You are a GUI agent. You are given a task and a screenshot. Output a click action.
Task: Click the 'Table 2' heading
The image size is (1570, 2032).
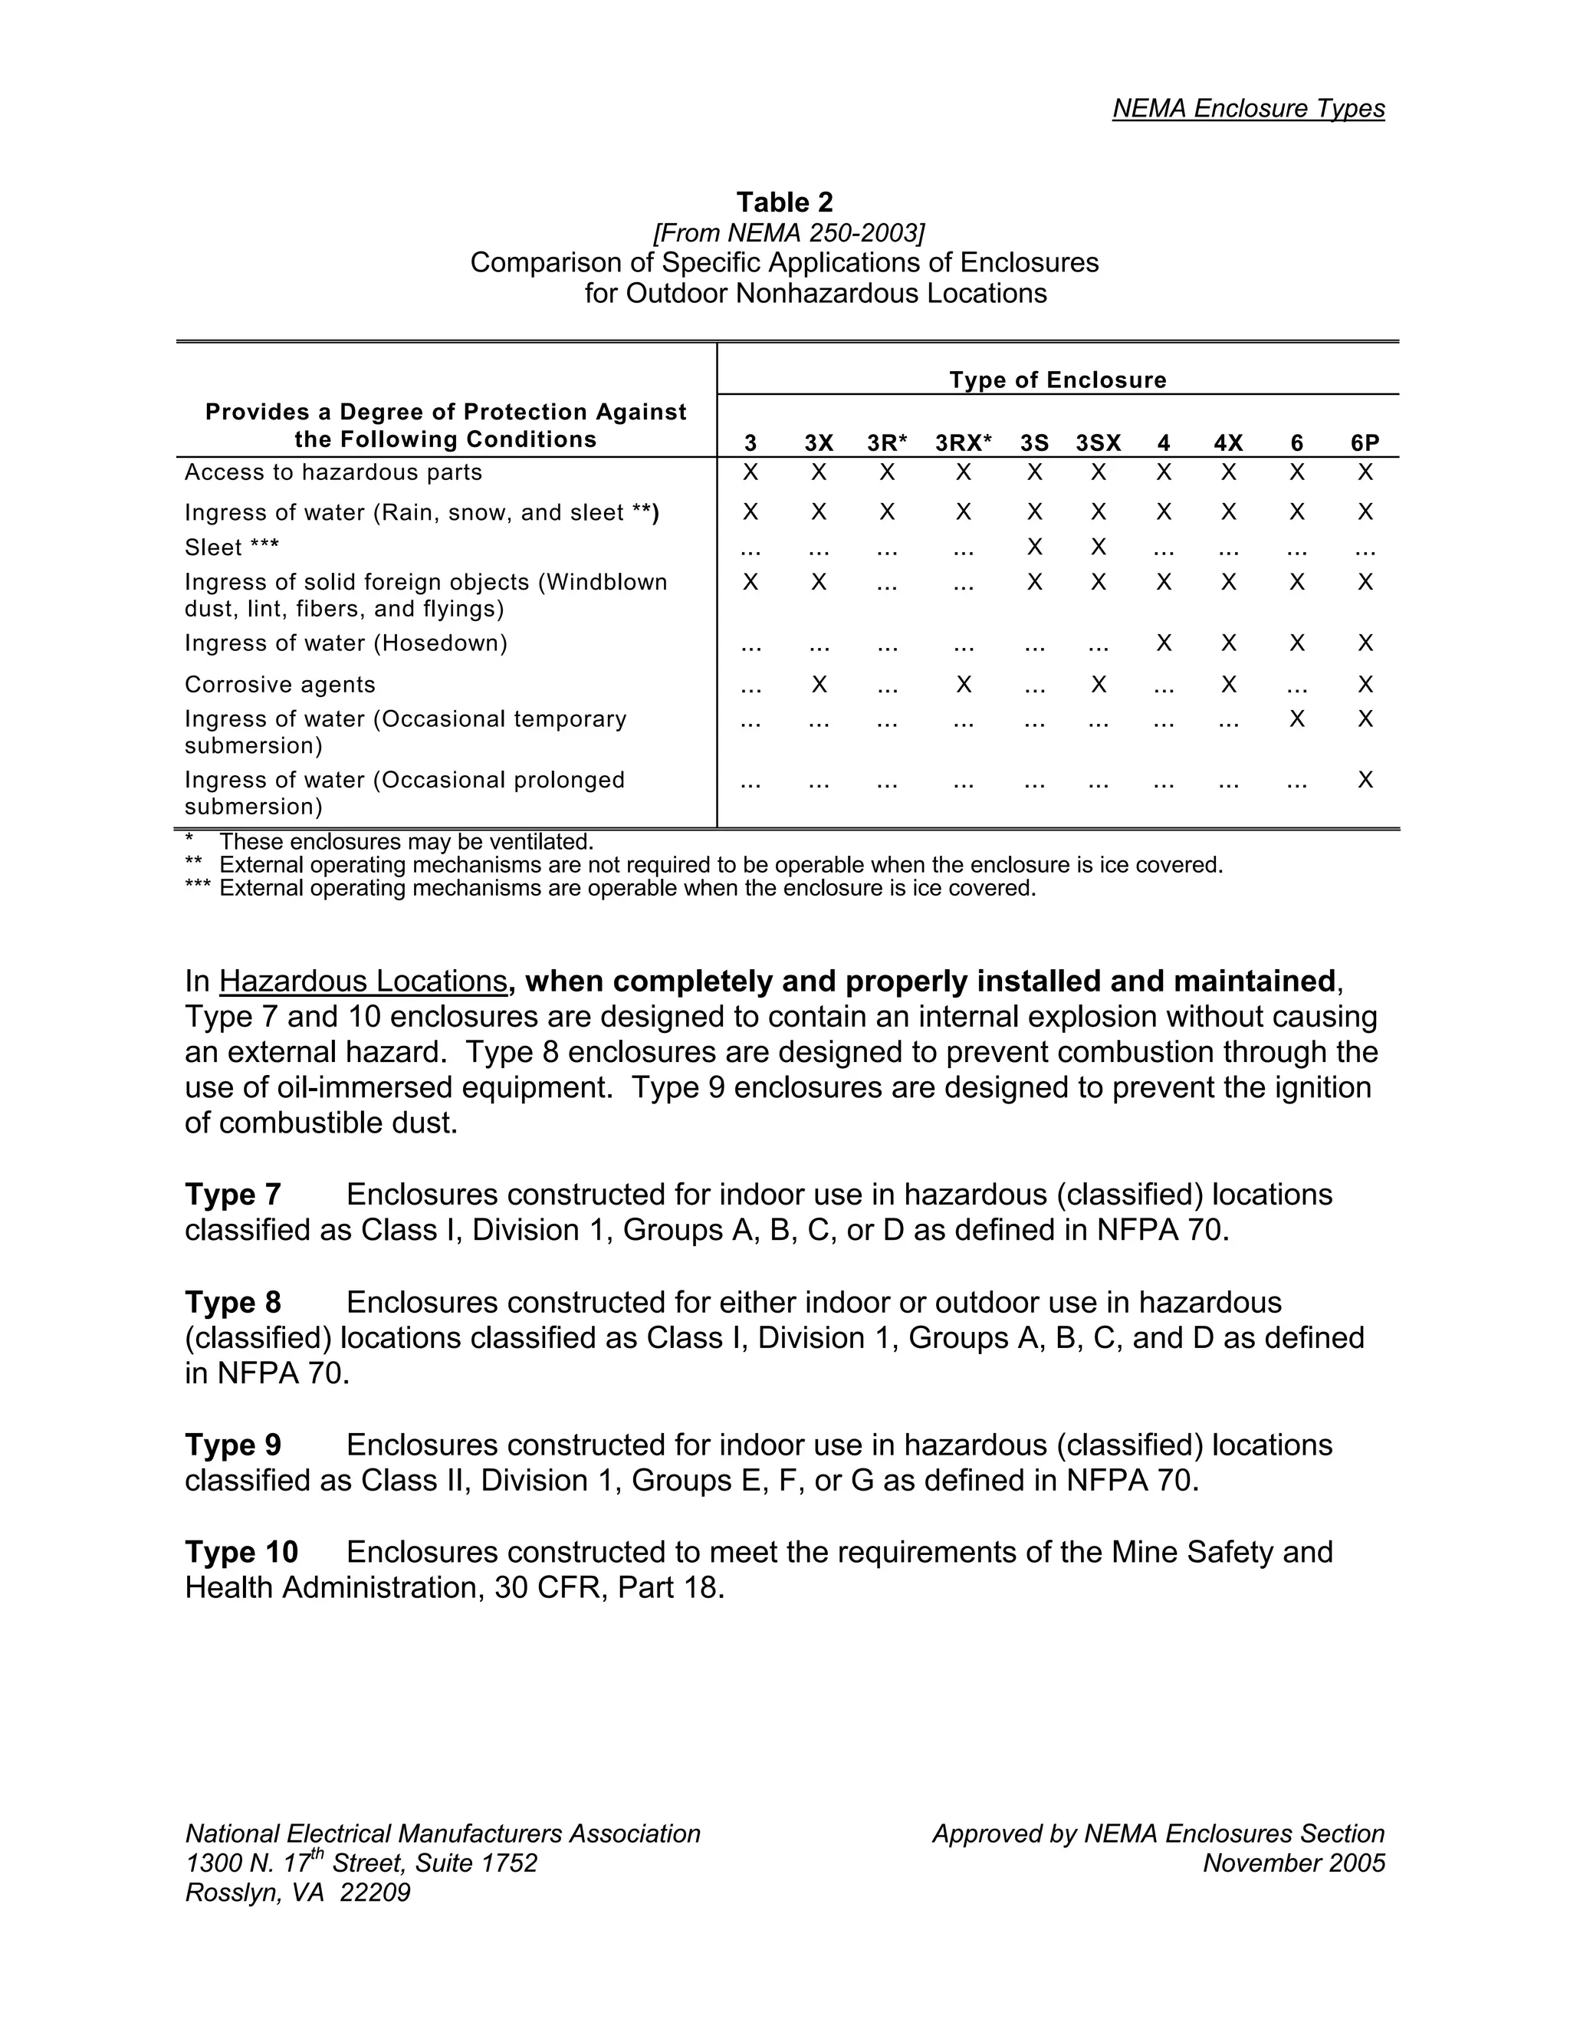click(x=784, y=202)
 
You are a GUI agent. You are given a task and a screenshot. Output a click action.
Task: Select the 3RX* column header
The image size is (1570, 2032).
click(x=963, y=443)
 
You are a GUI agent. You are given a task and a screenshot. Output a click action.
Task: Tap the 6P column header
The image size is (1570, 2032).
click(x=1365, y=443)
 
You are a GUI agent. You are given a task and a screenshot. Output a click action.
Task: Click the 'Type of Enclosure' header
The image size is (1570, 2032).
click(x=1056, y=380)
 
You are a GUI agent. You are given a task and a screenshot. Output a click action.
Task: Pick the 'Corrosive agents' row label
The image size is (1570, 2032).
click(x=280, y=685)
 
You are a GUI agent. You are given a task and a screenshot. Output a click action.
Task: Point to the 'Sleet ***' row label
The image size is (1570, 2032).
click(x=232, y=548)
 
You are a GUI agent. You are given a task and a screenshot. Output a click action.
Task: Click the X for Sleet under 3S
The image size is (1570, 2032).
click(x=1033, y=547)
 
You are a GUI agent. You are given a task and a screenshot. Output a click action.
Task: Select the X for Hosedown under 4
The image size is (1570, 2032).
click(x=1163, y=643)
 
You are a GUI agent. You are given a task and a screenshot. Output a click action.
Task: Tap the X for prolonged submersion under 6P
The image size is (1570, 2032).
click(x=1365, y=780)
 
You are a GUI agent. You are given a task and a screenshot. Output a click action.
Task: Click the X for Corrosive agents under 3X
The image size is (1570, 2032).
click(x=819, y=685)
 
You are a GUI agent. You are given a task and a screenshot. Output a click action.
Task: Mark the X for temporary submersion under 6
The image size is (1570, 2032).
click(x=1296, y=718)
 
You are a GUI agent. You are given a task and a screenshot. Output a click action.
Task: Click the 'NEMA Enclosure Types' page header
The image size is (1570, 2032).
click(x=1248, y=109)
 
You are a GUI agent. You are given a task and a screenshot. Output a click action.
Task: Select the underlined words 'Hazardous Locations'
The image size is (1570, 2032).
click(x=363, y=981)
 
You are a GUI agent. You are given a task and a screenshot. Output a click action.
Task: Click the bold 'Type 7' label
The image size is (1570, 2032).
click(x=232, y=1195)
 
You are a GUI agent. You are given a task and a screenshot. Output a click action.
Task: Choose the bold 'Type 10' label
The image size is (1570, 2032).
click(x=241, y=1552)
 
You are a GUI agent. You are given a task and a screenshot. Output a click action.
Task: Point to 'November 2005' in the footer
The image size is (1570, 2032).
click(x=1292, y=1863)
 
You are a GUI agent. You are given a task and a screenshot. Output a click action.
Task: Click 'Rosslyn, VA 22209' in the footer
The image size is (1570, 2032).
click(x=297, y=1892)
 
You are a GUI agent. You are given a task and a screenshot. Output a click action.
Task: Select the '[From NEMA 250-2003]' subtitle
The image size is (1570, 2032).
click(x=789, y=232)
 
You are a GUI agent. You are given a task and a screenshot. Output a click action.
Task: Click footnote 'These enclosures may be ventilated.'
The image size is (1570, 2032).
click(x=406, y=842)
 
